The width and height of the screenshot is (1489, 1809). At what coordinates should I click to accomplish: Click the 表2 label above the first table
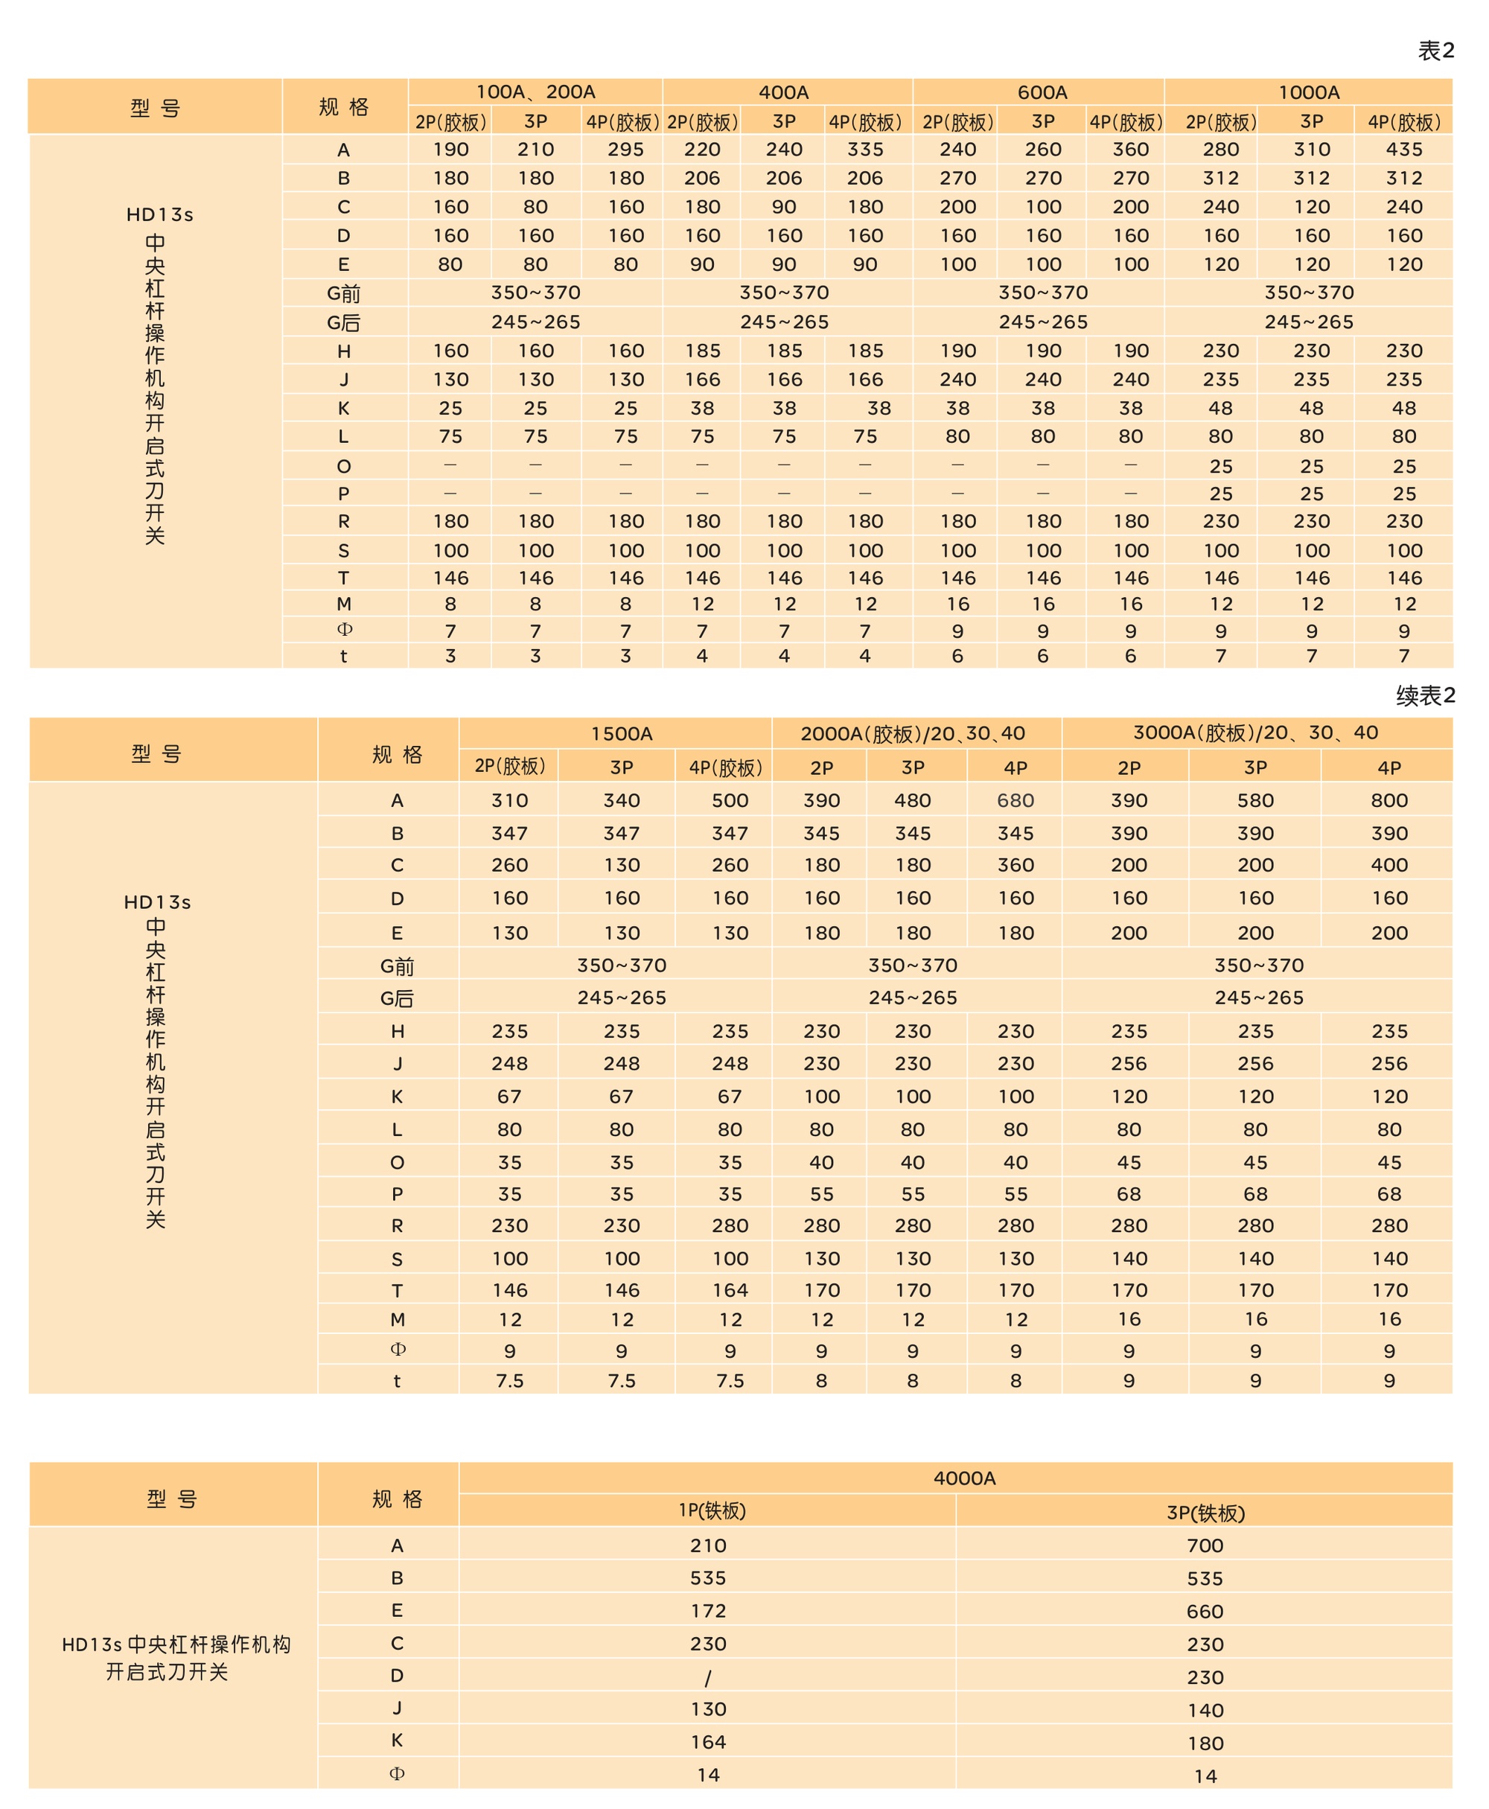(1436, 51)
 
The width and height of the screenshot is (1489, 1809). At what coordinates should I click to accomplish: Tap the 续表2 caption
(1425, 695)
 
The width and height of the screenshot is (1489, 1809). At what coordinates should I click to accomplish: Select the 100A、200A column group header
(535, 92)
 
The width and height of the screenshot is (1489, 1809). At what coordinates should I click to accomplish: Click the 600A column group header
(1042, 92)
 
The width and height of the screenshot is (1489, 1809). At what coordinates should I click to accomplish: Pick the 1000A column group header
(1309, 92)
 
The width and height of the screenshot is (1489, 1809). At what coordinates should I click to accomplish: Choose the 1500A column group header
(621, 733)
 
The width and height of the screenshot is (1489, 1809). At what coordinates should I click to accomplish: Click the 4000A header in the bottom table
(964, 1478)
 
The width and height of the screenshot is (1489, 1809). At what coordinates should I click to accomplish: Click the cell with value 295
(625, 149)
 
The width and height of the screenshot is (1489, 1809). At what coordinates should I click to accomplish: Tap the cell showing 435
(1404, 149)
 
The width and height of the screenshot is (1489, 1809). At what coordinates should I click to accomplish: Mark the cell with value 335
(864, 149)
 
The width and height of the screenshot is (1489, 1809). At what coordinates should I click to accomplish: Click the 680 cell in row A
(1015, 800)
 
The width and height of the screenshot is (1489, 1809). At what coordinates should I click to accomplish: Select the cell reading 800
(1388, 800)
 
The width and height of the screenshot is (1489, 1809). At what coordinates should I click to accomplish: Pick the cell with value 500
(730, 800)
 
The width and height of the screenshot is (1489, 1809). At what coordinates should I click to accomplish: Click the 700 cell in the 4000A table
(1205, 1545)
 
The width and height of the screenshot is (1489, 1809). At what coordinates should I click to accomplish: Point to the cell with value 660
(1205, 1612)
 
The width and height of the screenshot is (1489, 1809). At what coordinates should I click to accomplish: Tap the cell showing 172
(709, 1611)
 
